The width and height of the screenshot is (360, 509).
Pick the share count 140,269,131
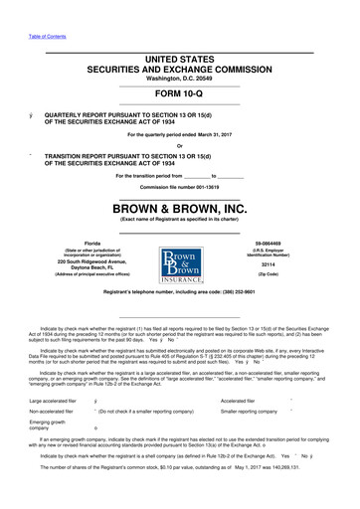pyautogui.click(x=315, y=494)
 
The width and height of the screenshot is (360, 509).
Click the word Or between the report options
pyautogui.click(x=179, y=148)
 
